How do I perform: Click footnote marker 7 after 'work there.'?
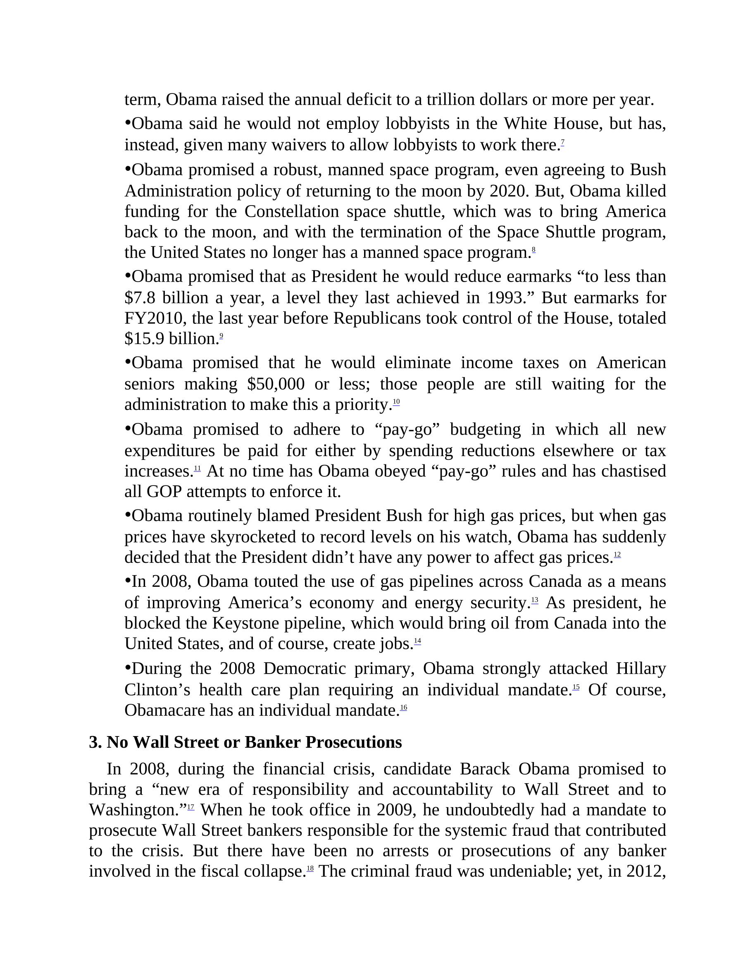point(562,142)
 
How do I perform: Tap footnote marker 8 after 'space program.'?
point(534,249)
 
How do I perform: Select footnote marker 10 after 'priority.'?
point(396,402)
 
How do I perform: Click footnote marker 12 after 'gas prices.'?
point(617,555)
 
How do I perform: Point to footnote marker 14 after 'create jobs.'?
point(417,641)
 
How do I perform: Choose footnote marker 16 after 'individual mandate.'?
point(403,707)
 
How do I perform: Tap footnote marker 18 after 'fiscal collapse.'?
point(310,868)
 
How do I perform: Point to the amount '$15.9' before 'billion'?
point(145,339)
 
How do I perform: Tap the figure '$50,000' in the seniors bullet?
point(275,384)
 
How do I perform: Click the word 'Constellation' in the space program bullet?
point(292,211)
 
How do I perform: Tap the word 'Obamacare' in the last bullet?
point(164,710)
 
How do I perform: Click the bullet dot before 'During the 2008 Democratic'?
point(128,667)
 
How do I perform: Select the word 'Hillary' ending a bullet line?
point(641,669)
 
